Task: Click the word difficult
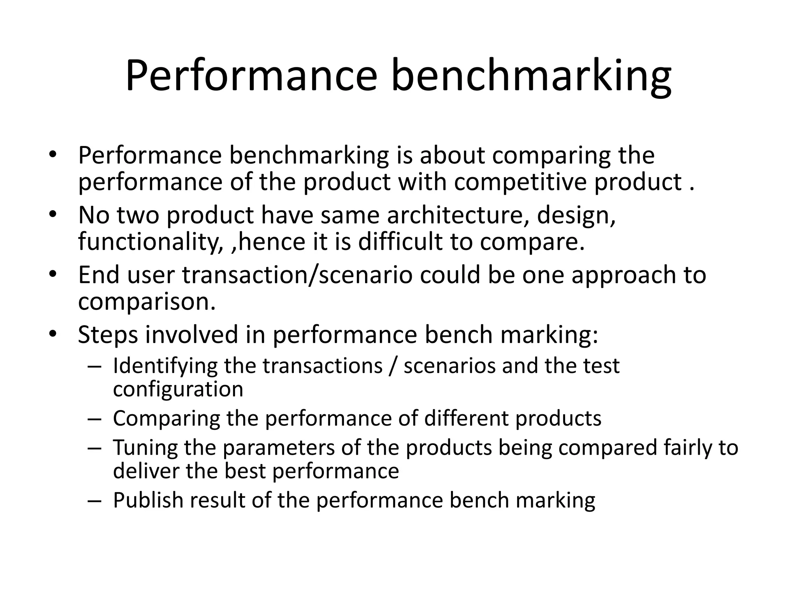400,241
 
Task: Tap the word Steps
108,335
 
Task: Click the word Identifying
165,366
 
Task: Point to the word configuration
178,389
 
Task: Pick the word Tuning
145,448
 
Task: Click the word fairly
687,448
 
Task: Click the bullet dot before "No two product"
53,215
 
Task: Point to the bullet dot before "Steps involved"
53,334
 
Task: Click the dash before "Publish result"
94,501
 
